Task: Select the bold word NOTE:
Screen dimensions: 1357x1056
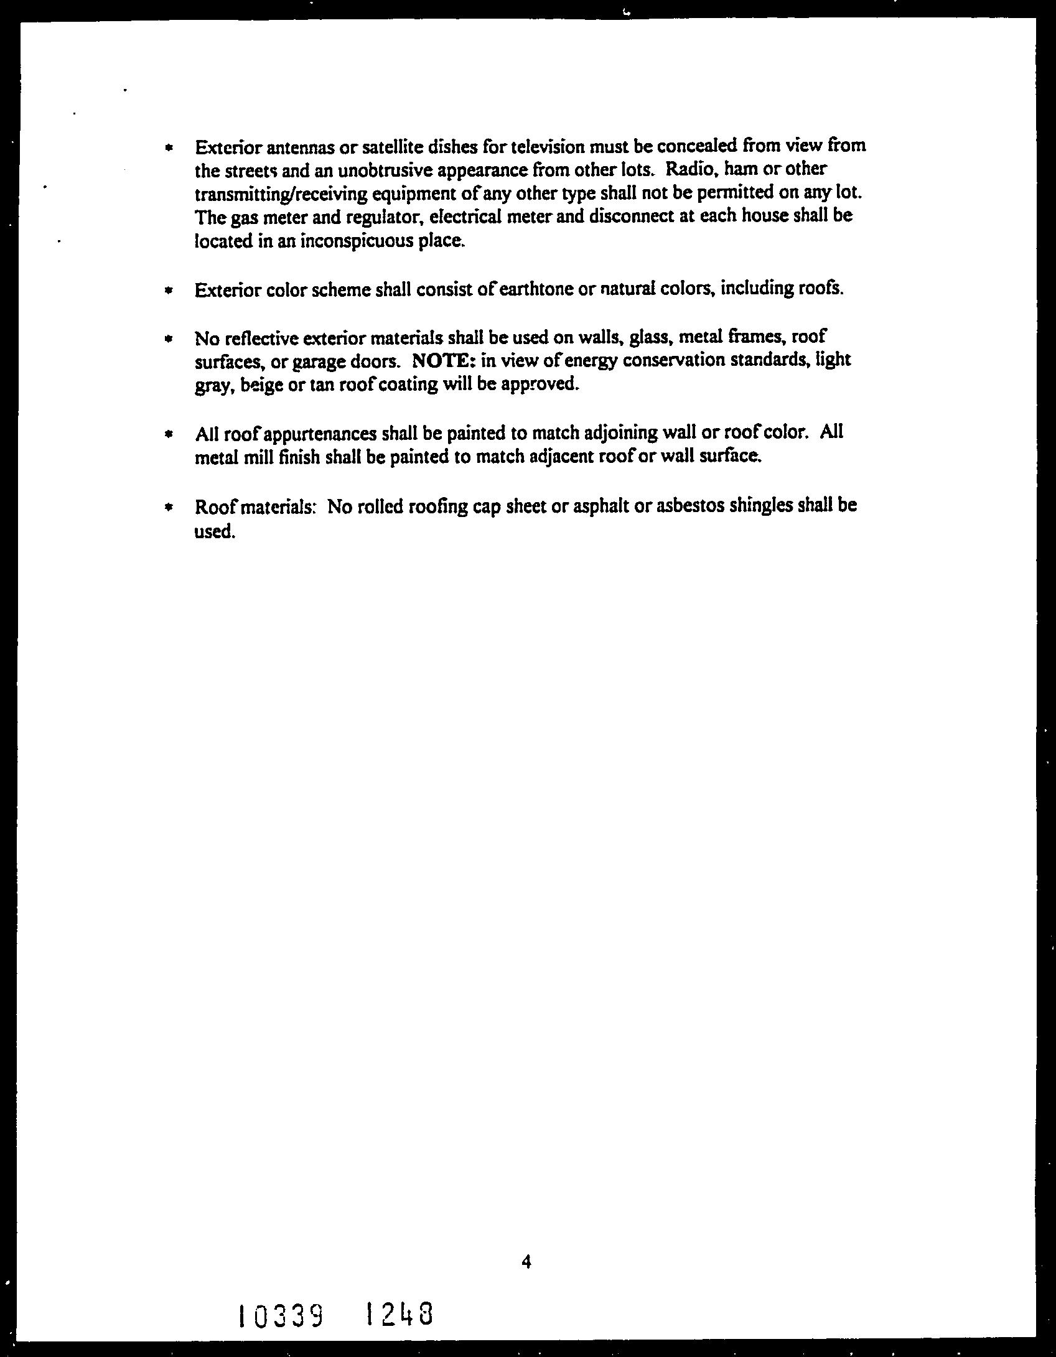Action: [x=442, y=360]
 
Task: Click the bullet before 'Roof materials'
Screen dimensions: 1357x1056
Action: [x=167, y=507]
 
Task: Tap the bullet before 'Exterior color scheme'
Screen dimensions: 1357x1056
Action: [x=167, y=291]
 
